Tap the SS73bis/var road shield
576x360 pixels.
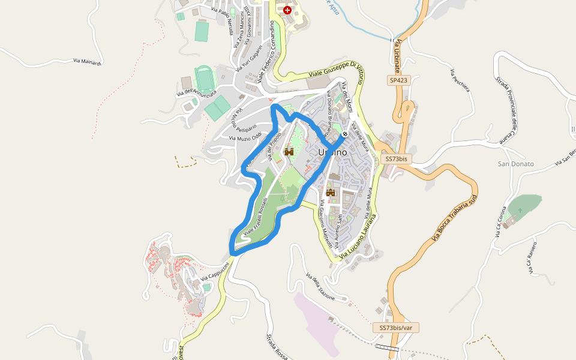(x=395, y=328)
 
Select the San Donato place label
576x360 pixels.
(x=516, y=164)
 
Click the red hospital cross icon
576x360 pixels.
(x=287, y=10)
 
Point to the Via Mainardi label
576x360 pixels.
(x=88, y=61)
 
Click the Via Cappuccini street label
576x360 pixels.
(x=215, y=271)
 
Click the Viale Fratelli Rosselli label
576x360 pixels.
(x=258, y=212)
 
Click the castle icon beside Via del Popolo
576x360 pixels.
(x=289, y=152)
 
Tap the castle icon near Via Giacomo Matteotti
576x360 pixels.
(x=330, y=193)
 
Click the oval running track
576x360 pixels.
(x=204, y=79)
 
